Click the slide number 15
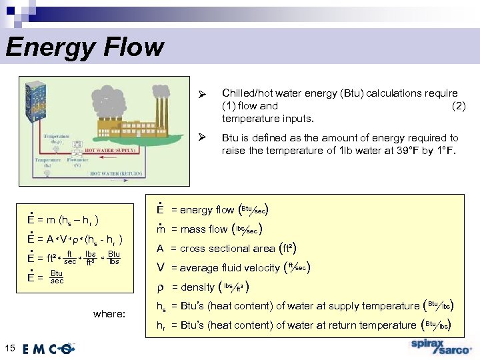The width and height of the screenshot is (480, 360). tap(9, 347)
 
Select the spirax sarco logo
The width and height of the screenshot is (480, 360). tap(441, 347)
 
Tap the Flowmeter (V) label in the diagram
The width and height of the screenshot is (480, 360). tap(77, 161)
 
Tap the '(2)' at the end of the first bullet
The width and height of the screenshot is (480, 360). tap(459, 105)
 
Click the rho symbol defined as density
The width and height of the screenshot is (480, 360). tap(160, 287)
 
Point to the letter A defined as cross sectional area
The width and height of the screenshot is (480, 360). tap(160, 249)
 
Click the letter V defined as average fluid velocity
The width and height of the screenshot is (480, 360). tap(160, 268)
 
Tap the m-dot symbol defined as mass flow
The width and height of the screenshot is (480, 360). tap(160, 229)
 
